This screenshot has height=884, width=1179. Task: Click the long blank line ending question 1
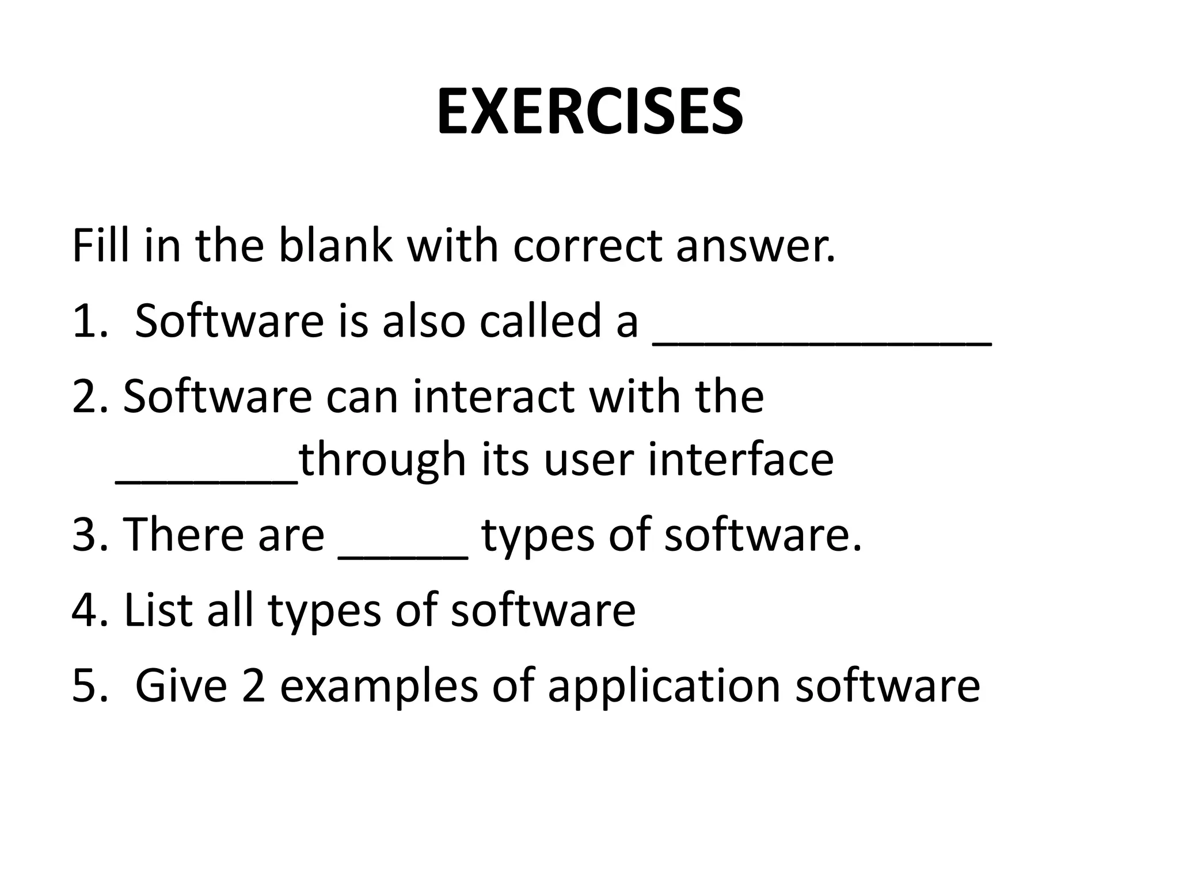click(x=822, y=343)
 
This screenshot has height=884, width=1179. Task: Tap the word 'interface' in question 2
click(x=740, y=460)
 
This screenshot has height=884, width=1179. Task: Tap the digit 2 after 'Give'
click(x=253, y=685)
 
